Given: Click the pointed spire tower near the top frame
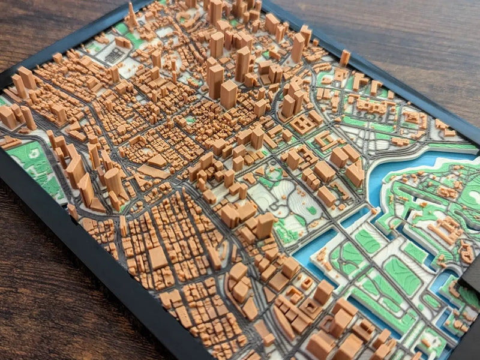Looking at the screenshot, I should pyautogui.click(x=131, y=13).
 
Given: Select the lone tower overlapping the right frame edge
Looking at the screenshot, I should pyautogui.click(x=344, y=58).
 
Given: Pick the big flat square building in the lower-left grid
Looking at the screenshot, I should pyautogui.click(x=158, y=258).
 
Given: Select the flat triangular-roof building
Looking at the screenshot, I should pyautogui.click(x=157, y=160).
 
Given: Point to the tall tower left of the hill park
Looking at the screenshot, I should pyautogui.click(x=265, y=225).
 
